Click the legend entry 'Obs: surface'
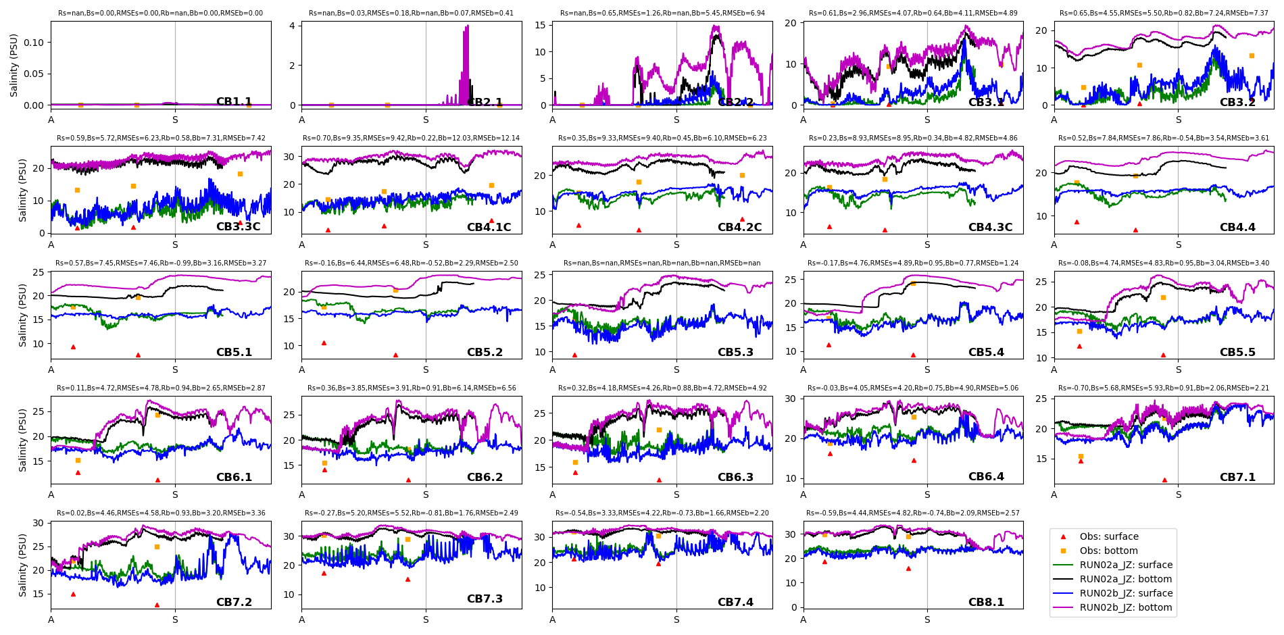click(x=1108, y=536)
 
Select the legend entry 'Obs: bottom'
click(x=1108, y=551)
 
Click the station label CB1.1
click(x=234, y=102)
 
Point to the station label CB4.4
click(x=1237, y=227)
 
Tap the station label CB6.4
click(x=986, y=477)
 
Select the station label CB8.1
click(x=986, y=602)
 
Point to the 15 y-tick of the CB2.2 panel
click(x=540, y=25)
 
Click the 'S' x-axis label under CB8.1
click(x=927, y=619)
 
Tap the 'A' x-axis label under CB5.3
click(x=553, y=370)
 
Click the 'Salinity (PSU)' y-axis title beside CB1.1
click(x=14, y=65)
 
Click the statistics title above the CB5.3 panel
click(x=662, y=263)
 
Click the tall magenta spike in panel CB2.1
click(x=466, y=30)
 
